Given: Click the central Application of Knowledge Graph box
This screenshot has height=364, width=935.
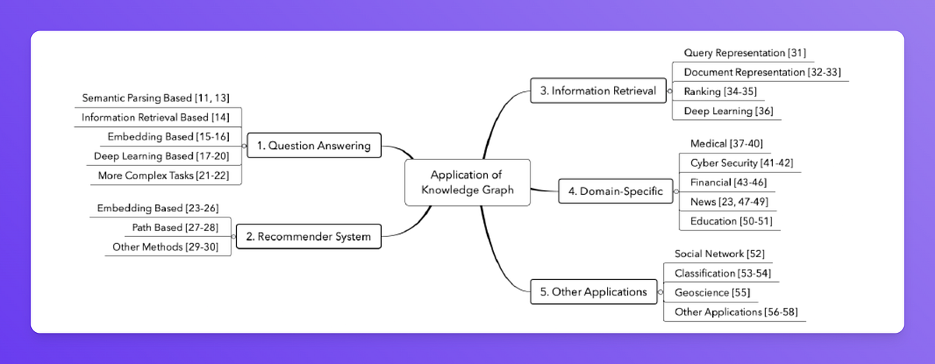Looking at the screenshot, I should tap(467, 182).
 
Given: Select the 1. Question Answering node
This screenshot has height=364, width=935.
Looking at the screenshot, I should tap(314, 146).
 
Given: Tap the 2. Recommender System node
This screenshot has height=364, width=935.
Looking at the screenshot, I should tap(309, 236).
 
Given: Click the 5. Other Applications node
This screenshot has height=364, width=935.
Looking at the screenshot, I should tap(593, 292).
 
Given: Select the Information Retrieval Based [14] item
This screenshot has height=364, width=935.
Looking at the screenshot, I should tap(156, 118).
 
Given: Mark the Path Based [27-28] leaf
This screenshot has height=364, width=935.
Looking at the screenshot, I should tap(181, 228).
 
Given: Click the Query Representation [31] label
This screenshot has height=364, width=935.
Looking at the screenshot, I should tap(744, 53).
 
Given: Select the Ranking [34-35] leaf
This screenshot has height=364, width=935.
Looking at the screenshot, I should tap(720, 91).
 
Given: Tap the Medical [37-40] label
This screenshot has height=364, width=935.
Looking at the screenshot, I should tap(726, 143).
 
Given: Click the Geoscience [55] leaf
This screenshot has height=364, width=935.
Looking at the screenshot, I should tap(710, 292).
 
